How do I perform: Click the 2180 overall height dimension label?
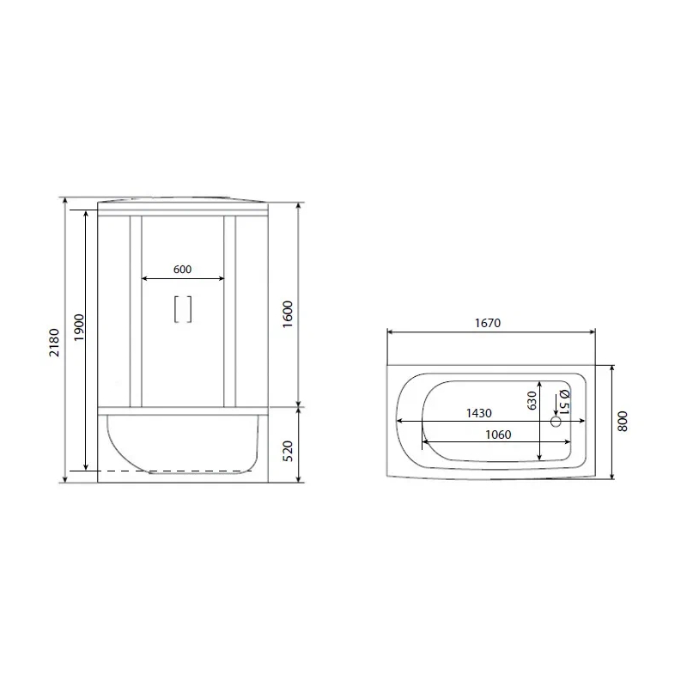[54, 342]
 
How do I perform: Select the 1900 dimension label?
[79, 328]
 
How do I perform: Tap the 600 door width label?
[182, 270]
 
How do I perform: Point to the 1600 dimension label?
[288, 314]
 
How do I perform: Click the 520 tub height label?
[288, 451]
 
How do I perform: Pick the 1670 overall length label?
[488, 323]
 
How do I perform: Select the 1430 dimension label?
[479, 413]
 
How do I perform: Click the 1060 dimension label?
[498, 435]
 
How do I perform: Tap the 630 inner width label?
[532, 400]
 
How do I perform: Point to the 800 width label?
[622, 421]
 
